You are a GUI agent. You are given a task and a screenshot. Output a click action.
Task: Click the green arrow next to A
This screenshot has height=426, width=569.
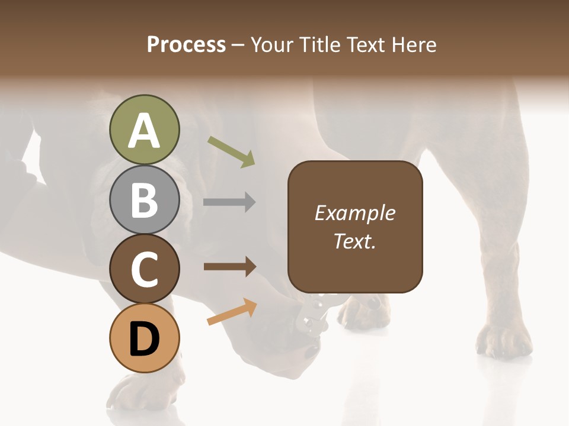click(232, 151)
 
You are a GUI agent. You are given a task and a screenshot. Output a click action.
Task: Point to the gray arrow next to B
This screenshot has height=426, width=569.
click(229, 202)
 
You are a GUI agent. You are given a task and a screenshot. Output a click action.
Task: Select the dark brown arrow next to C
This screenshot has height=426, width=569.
click(229, 267)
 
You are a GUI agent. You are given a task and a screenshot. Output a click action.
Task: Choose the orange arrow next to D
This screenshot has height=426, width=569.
click(232, 311)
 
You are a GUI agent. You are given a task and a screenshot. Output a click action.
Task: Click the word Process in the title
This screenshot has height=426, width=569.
click(186, 44)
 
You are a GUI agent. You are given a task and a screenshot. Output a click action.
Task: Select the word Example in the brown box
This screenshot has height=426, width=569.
click(355, 213)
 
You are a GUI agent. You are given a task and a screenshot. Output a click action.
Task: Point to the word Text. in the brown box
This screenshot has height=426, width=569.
click(355, 241)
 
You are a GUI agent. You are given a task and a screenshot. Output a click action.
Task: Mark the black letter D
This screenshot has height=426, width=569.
click(145, 340)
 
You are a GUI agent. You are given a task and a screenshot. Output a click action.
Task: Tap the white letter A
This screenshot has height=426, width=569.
click(145, 131)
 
